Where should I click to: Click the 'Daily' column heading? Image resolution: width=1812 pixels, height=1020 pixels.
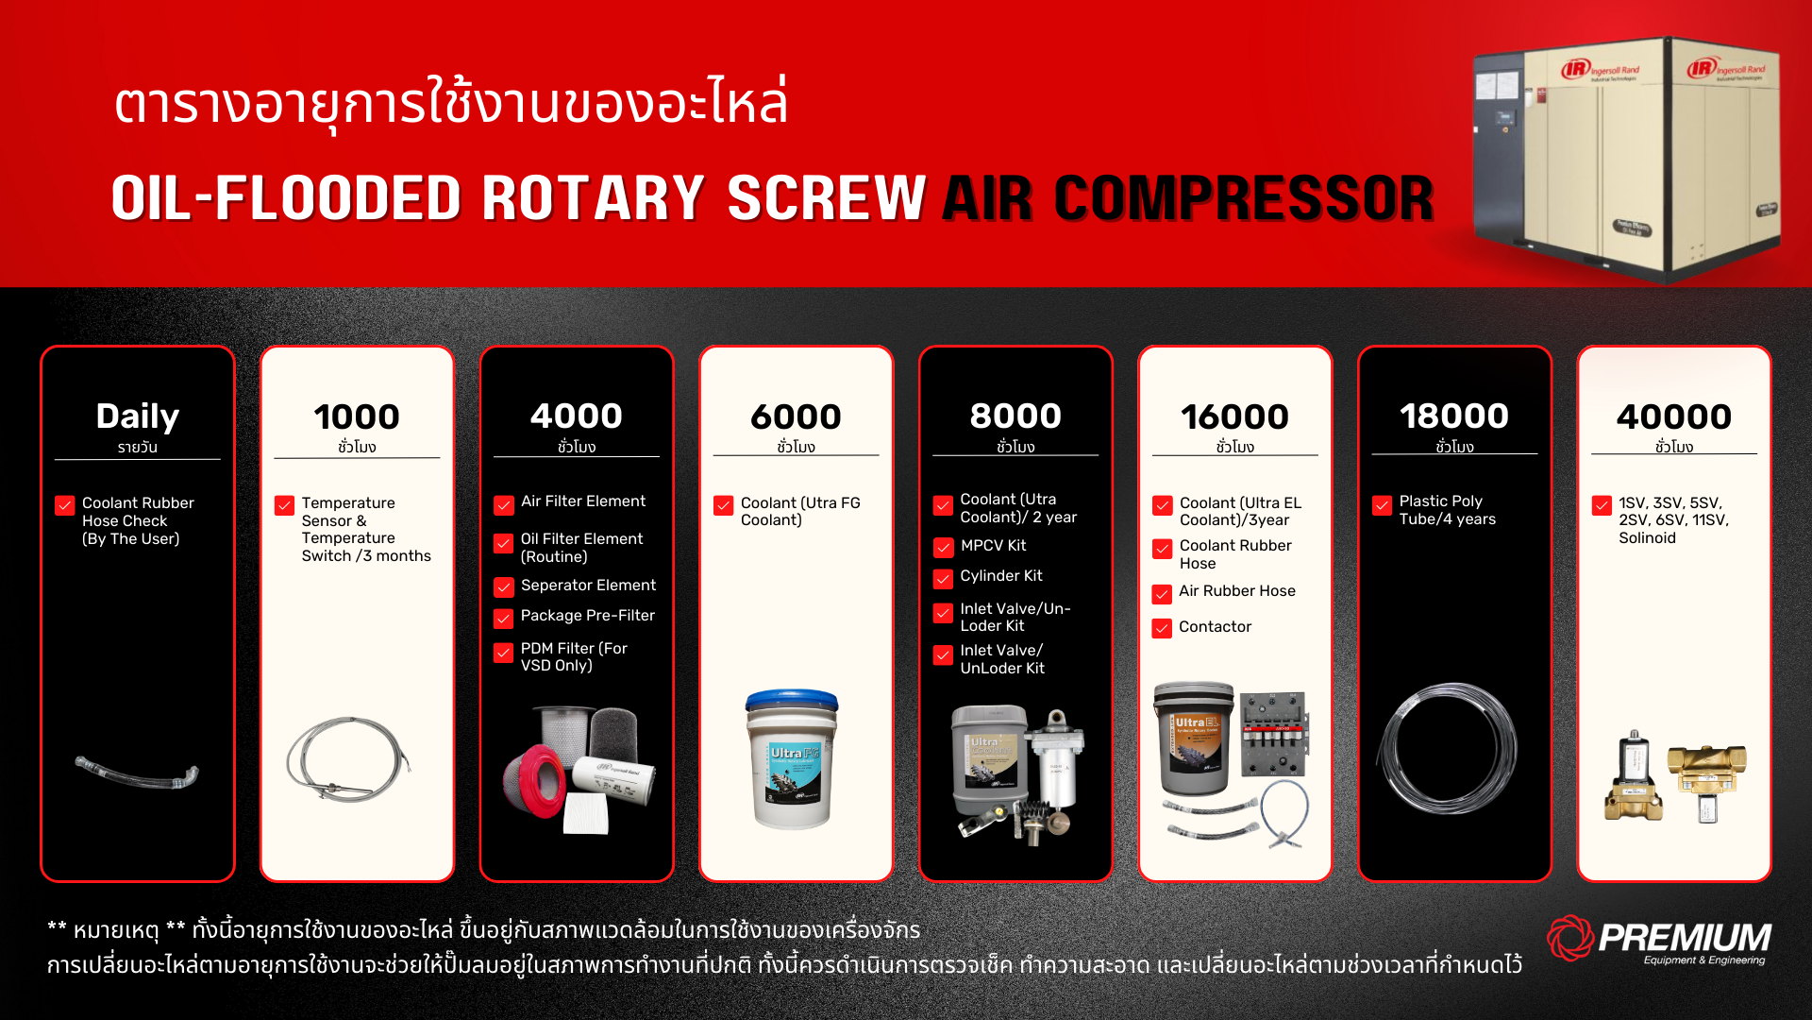137,416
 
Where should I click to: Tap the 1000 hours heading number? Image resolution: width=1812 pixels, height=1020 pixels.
357,416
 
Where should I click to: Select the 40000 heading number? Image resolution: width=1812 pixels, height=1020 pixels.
1673,416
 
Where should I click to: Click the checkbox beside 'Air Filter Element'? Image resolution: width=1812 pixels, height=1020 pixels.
504,505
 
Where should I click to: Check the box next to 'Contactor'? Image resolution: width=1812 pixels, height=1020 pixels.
1162,629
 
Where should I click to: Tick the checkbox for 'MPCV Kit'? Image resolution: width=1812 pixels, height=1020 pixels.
943,548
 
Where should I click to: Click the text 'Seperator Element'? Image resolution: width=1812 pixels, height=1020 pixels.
588,586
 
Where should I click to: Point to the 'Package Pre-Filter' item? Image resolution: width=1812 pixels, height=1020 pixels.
587,616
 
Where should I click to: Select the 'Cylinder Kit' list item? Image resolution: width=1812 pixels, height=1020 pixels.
1000,576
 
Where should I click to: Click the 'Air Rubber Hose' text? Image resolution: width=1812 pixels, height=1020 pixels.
1236,591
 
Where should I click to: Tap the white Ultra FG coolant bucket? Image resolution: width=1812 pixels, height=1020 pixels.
792,759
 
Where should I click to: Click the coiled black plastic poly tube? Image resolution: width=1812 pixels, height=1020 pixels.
1447,749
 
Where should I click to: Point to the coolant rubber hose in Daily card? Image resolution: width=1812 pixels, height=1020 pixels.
138,773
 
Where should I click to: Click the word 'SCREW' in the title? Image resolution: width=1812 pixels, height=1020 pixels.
826,198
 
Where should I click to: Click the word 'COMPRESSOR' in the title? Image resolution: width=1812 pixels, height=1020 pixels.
1244,198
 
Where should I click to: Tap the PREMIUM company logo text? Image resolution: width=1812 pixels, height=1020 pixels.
1685,937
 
